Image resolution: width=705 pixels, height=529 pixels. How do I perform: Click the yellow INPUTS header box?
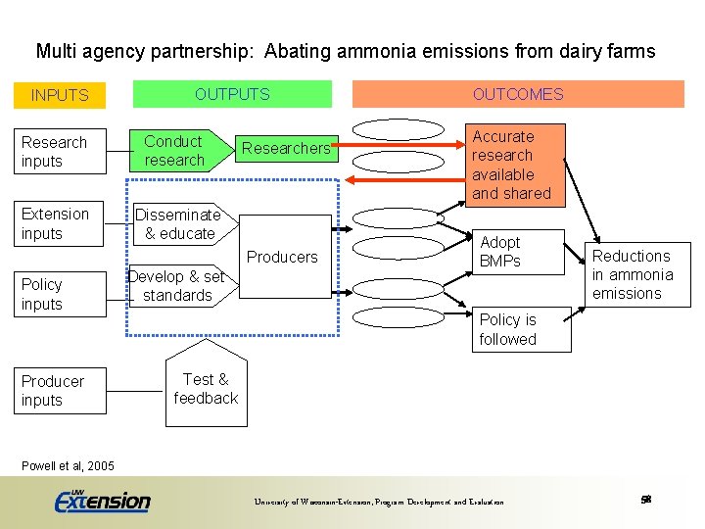(60, 95)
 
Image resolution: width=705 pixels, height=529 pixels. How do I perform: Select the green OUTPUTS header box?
(232, 94)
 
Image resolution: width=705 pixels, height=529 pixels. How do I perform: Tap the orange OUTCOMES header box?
(518, 94)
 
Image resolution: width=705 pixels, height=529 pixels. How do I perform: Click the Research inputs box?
(62, 152)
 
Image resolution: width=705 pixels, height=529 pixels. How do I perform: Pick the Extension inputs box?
(62, 223)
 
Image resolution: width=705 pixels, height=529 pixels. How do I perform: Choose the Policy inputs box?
(62, 294)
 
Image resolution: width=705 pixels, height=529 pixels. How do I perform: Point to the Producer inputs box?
(62, 390)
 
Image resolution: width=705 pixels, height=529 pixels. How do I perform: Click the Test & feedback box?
(206, 389)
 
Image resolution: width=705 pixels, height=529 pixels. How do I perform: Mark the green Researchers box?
(286, 148)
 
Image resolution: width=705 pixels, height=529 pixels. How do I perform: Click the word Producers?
(282, 257)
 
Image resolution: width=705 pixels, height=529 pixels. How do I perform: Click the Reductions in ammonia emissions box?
(632, 274)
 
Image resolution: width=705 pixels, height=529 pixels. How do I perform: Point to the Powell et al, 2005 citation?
(68, 465)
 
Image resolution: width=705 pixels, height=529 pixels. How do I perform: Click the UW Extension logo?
(103, 500)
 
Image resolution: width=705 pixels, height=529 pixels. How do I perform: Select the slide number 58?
(645, 500)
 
